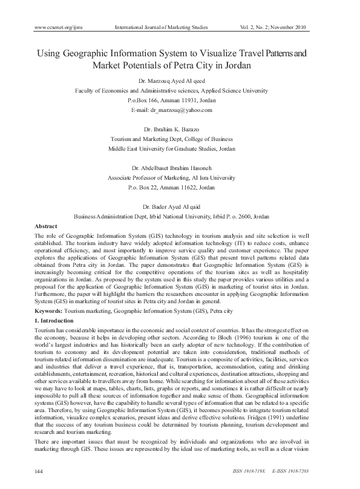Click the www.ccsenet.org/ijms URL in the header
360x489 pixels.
(58, 27)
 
